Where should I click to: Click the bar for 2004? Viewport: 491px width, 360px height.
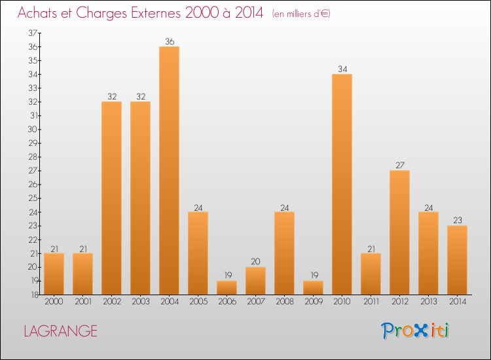(x=169, y=170)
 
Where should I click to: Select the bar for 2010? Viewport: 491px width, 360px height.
(x=342, y=184)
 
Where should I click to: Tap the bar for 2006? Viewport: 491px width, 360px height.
(x=227, y=287)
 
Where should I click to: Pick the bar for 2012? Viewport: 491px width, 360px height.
(x=399, y=232)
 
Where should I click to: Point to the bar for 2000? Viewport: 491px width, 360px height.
(x=54, y=274)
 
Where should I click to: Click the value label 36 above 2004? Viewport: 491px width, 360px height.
(x=169, y=42)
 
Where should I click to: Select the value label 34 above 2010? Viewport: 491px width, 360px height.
(x=342, y=69)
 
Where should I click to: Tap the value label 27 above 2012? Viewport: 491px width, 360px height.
(x=399, y=166)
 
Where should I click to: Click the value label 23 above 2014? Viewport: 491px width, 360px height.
(x=457, y=221)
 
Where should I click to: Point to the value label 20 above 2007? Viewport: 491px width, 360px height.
(x=255, y=262)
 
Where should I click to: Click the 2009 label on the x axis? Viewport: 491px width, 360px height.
(x=313, y=301)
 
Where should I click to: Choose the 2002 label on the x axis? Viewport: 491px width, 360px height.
(x=111, y=301)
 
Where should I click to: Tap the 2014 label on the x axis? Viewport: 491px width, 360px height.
(x=457, y=301)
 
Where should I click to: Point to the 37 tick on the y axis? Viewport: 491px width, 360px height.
(x=33, y=33)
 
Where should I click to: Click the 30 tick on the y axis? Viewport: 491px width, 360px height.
(x=33, y=129)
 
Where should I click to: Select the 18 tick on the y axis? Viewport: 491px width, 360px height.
(x=33, y=295)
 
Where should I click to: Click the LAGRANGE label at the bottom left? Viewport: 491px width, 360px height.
(x=60, y=331)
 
